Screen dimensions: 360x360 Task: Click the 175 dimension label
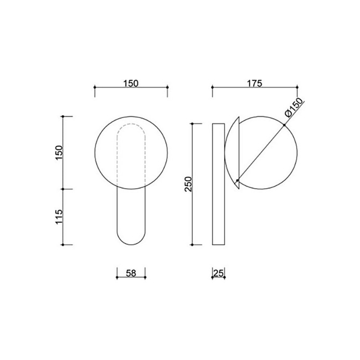click(x=254, y=83)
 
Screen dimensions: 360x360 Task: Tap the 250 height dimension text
click(x=188, y=184)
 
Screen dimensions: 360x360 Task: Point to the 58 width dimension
click(x=131, y=273)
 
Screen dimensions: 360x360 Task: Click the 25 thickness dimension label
click(x=219, y=273)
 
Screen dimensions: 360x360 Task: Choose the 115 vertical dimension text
click(x=59, y=217)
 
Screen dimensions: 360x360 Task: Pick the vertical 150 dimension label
click(x=59, y=153)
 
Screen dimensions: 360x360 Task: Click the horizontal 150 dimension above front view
click(x=131, y=83)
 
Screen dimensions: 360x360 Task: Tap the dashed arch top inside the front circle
click(x=131, y=124)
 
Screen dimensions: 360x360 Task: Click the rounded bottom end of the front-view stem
click(x=131, y=244)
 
